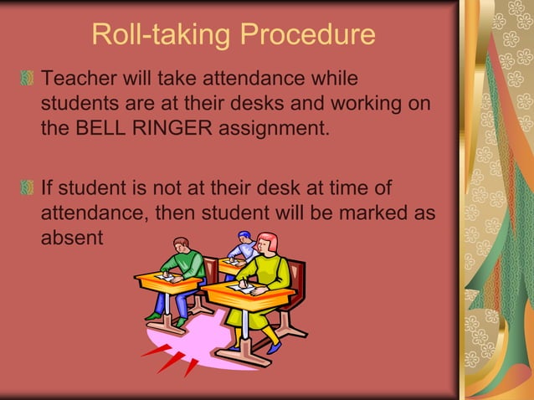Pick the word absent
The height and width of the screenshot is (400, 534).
[71, 238]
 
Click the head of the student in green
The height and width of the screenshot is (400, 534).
[182, 245]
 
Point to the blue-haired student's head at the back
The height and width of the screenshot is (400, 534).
[244, 238]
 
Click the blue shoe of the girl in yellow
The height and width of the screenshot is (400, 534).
[273, 347]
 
